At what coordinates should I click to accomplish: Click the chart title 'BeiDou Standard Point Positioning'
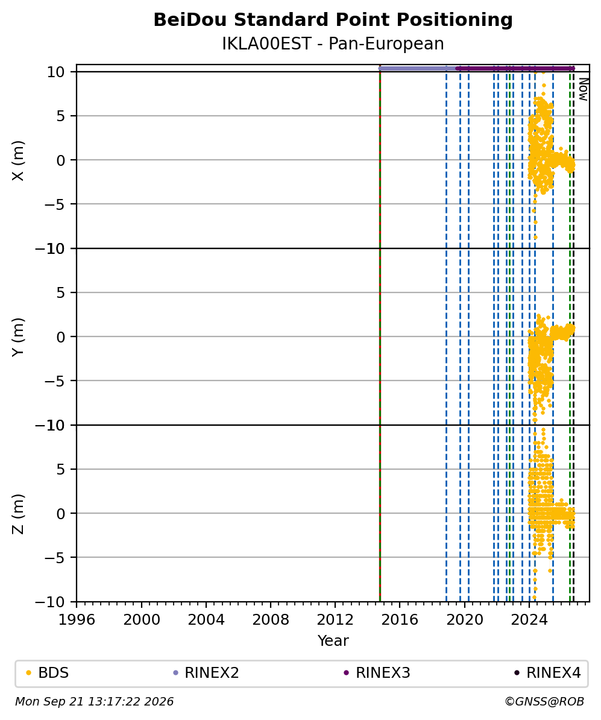pyautogui.click(x=333, y=21)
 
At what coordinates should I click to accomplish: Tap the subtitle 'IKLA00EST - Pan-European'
pyautogui.click(x=333, y=43)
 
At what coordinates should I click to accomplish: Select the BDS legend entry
pyautogui.click(x=48, y=673)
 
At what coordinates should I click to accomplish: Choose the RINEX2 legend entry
pyautogui.click(x=206, y=673)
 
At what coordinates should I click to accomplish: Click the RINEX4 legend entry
pyautogui.click(x=547, y=673)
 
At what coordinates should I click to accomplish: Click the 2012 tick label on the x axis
pyautogui.click(x=335, y=619)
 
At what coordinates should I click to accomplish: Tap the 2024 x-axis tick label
pyautogui.click(x=529, y=619)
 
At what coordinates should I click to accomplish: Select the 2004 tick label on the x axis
pyautogui.click(x=206, y=619)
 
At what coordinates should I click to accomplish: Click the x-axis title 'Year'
pyautogui.click(x=333, y=640)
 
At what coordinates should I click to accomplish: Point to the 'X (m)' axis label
pyautogui.click(x=18, y=160)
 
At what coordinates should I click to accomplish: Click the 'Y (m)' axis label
pyautogui.click(x=18, y=336)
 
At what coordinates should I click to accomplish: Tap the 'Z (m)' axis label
pyautogui.click(x=18, y=514)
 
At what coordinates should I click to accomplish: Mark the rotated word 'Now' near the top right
pyautogui.click(x=583, y=89)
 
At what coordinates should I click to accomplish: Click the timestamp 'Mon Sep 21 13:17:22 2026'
pyautogui.click(x=95, y=701)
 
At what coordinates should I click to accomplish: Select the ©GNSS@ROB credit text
pyautogui.click(x=544, y=701)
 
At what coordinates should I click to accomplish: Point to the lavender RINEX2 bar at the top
pyautogui.click(x=418, y=68)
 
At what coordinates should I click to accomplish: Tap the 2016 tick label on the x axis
pyautogui.click(x=400, y=619)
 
